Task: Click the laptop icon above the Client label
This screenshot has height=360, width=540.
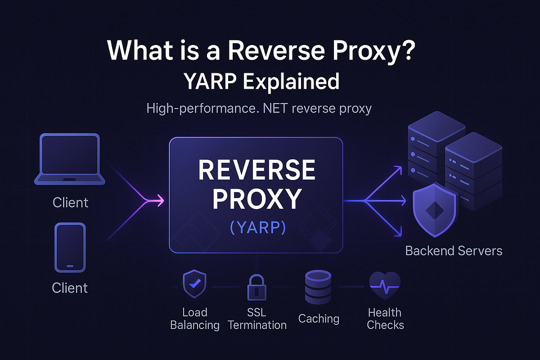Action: [x=70, y=159]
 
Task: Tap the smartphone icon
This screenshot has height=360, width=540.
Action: [x=70, y=247]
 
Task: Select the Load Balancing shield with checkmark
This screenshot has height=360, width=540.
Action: [x=194, y=285]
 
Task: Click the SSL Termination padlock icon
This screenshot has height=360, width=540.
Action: [x=257, y=287]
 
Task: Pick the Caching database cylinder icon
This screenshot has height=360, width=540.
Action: [x=318, y=287]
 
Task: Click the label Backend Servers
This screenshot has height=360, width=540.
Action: [x=454, y=251]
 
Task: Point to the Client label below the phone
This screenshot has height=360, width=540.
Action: [x=70, y=288]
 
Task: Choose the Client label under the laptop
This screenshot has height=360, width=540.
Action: [x=70, y=202]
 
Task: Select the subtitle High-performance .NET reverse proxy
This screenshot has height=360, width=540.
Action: [x=259, y=108]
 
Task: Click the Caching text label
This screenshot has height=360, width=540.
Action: [x=319, y=319]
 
